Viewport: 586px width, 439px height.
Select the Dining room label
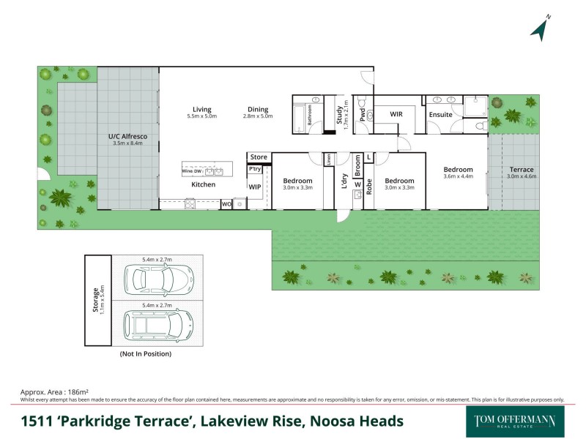point(257,109)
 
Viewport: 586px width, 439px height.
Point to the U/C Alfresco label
point(128,136)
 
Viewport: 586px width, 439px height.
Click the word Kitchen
point(204,184)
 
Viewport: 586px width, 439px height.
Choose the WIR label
point(396,114)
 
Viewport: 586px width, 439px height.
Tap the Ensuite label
point(441,115)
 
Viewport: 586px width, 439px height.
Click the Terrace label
point(522,170)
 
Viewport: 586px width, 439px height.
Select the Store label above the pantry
point(259,157)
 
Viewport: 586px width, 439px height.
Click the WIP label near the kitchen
point(255,187)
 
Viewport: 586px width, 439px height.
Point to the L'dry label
point(344,180)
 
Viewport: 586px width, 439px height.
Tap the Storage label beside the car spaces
point(95,299)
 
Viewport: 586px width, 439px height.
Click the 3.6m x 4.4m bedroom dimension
point(459,176)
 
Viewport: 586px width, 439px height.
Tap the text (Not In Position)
point(145,354)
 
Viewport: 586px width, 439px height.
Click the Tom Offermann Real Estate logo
point(515,422)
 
